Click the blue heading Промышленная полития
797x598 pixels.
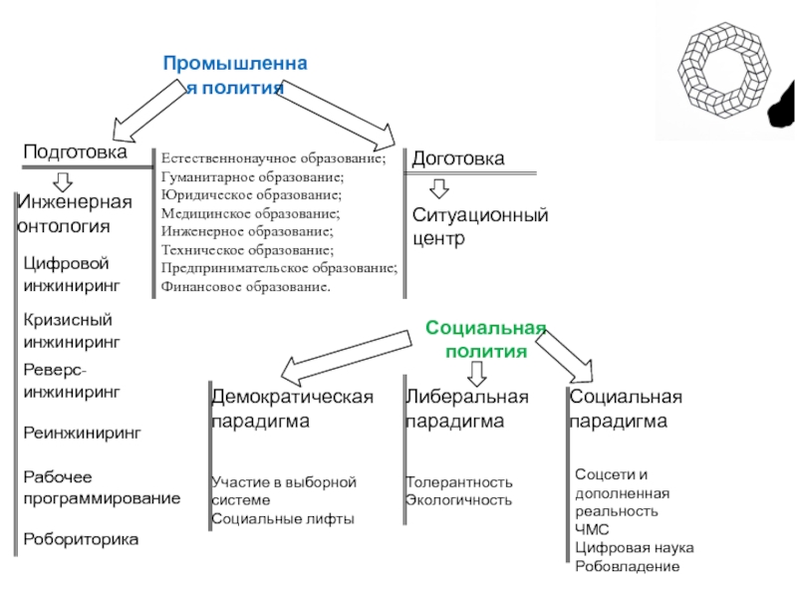point(235,76)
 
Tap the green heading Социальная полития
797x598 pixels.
point(486,339)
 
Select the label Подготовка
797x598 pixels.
point(76,151)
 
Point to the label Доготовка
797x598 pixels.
point(458,158)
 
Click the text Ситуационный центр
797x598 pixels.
point(480,226)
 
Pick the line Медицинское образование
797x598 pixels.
point(251,213)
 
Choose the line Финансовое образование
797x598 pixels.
point(245,287)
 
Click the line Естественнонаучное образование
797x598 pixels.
point(273,158)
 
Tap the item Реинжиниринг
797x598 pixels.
point(83,433)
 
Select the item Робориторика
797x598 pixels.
point(81,539)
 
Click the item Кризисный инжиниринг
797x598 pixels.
point(72,331)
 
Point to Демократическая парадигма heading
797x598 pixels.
point(292,409)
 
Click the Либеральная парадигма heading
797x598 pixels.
point(467,409)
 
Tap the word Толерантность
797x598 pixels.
point(459,482)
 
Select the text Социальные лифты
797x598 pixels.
point(283,518)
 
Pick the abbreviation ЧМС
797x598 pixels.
point(592,529)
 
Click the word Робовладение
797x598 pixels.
point(628,566)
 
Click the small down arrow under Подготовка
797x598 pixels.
point(63,182)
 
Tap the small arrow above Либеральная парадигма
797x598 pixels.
point(476,374)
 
